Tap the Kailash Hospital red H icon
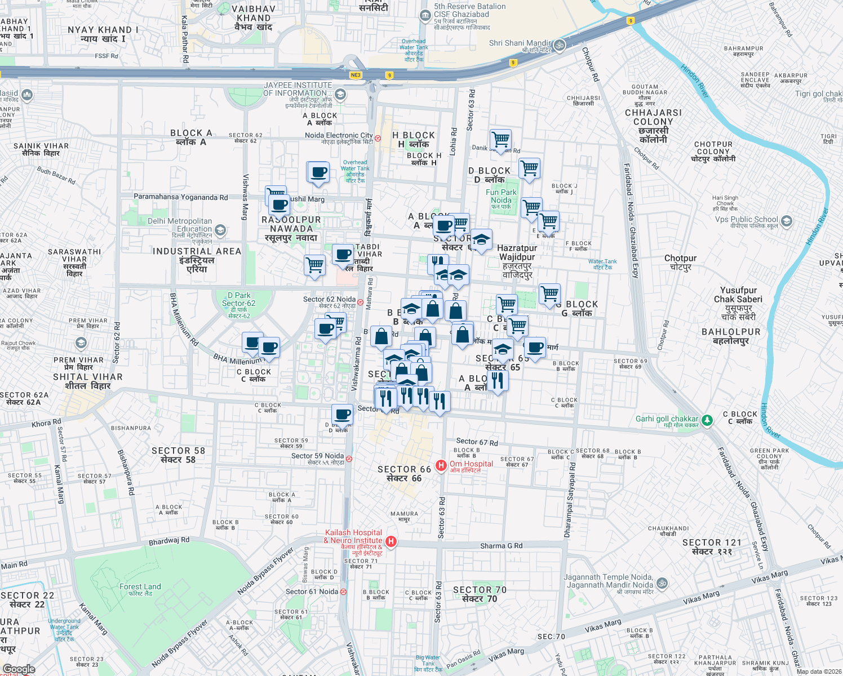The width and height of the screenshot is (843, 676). coord(391,541)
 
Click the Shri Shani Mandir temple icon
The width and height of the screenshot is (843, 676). coord(560,46)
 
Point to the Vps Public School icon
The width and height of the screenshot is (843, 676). coord(787,221)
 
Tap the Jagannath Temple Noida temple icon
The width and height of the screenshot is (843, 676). coord(662,583)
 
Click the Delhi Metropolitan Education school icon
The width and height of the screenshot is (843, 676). coord(220,230)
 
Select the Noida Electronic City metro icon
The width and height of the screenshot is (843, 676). coord(378,137)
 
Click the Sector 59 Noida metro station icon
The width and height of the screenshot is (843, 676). coord(349,459)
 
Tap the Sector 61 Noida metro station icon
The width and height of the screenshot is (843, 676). coord(343,591)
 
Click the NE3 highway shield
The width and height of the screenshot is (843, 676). coord(356,75)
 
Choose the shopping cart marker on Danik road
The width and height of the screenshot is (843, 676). coord(500,139)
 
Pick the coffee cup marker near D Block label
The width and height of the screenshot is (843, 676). coord(342,415)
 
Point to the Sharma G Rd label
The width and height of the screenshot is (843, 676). coord(501,546)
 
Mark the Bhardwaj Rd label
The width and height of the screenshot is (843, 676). coord(169,541)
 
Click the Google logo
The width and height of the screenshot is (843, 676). coord(19,669)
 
